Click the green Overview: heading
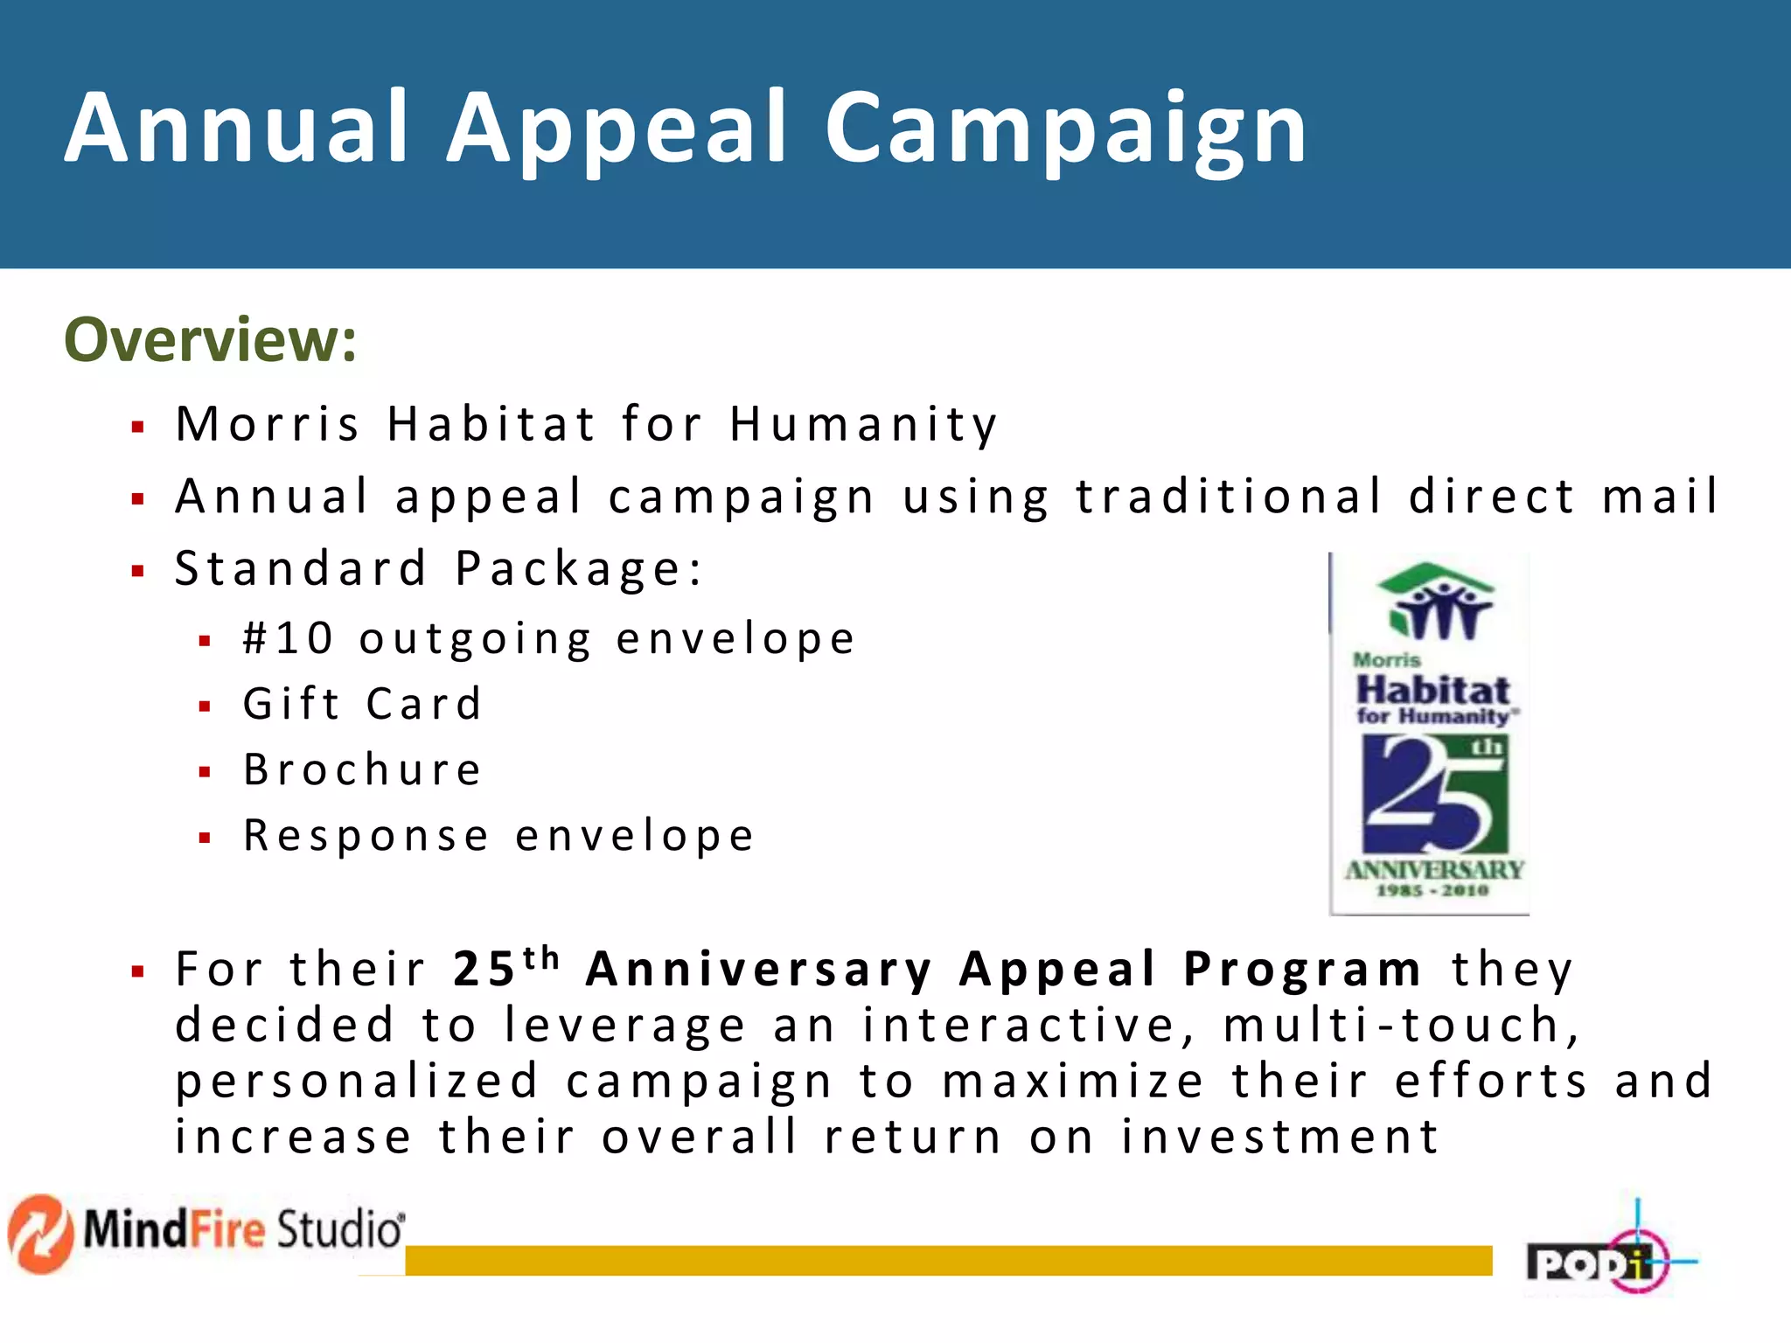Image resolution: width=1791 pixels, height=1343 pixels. [x=211, y=340]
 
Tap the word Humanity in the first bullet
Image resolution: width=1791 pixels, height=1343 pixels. [x=863, y=425]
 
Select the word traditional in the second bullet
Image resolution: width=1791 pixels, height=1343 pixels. [x=1229, y=497]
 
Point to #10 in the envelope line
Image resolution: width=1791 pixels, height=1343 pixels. [x=288, y=638]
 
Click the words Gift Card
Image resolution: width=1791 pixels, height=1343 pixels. [x=362, y=705]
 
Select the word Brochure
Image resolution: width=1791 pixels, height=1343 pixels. [x=362, y=770]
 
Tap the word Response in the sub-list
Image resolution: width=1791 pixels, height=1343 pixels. [x=366, y=836]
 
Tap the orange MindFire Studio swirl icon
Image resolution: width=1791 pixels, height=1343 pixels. [x=40, y=1233]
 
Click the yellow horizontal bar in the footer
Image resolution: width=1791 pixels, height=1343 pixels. [x=948, y=1260]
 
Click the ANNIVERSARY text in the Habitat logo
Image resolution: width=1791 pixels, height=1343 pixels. [x=1434, y=870]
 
